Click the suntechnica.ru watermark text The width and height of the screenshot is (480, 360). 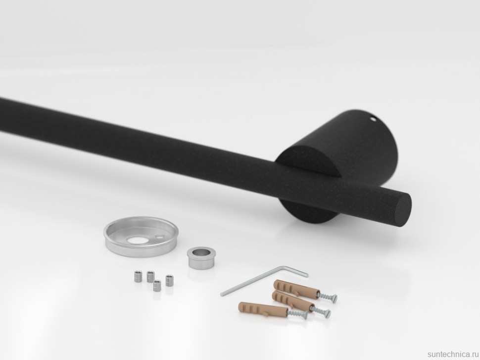pos(453,354)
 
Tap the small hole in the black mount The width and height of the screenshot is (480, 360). pos(372,118)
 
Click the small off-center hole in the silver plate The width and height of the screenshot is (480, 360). pos(160,236)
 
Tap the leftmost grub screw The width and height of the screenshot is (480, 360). pos(138,276)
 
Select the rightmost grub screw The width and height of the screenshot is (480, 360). pos(169,280)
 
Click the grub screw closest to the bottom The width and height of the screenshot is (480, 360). pos(157,286)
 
